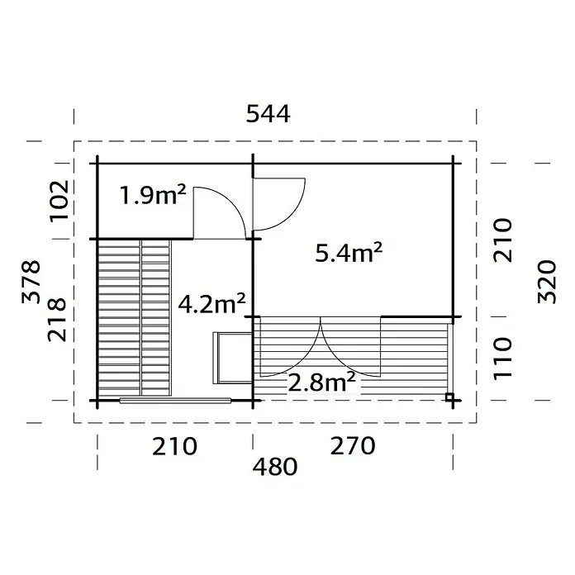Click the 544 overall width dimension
click(x=268, y=114)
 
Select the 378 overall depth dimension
click(x=31, y=282)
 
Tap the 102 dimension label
click(x=59, y=200)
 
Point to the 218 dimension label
click(x=57, y=320)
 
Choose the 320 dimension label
click(x=547, y=282)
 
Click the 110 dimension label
click(x=502, y=359)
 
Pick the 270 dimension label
click(x=353, y=446)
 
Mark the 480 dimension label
click(x=275, y=467)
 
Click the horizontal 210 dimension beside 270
click(x=174, y=446)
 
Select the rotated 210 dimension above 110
click(x=502, y=240)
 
